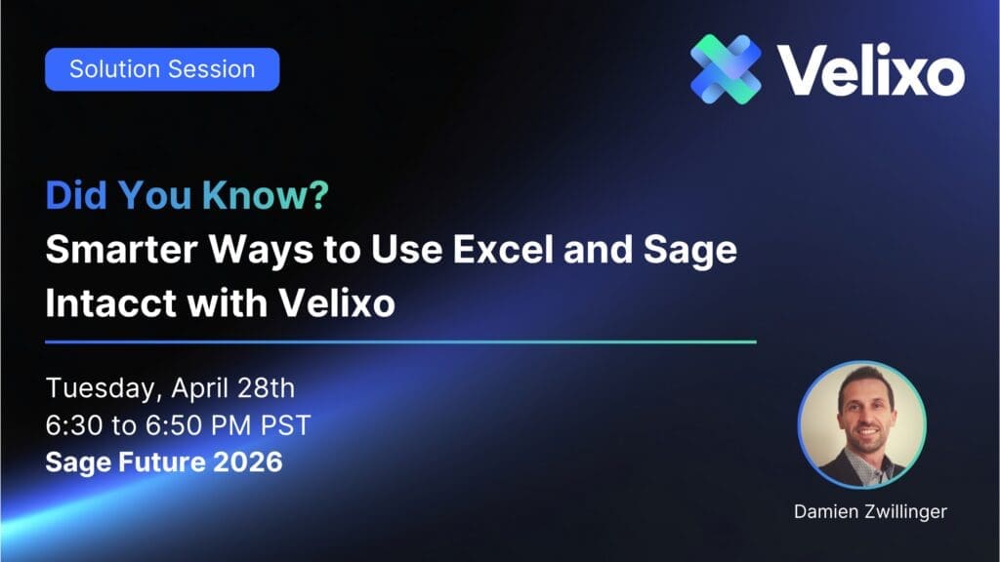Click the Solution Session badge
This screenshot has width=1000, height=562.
click(x=162, y=69)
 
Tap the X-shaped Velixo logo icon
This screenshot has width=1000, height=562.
click(x=726, y=69)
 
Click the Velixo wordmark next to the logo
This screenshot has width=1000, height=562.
click(x=870, y=70)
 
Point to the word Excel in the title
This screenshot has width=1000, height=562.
click(x=503, y=249)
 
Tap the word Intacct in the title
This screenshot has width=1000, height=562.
click(x=110, y=302)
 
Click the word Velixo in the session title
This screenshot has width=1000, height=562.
click(x=337, y=302)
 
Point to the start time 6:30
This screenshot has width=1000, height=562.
click(x=74, y=425)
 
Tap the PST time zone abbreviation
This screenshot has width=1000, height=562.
click(x=286, y=425)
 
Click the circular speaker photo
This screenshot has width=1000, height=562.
click(x=862, y=425)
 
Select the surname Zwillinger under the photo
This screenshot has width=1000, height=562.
click(x=905, y=511)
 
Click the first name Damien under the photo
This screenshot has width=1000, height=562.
click(x=826, y=511)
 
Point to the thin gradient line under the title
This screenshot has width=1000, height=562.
click(x=400, y=342)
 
